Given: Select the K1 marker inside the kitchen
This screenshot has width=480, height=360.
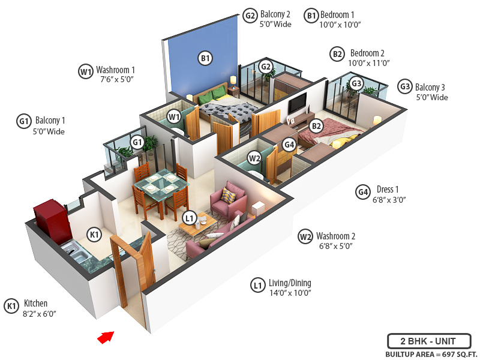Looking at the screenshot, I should pos(94,234).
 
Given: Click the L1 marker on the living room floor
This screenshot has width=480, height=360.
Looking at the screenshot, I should pos(190,217).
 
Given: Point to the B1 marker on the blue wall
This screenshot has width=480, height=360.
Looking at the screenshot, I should pos(205,58).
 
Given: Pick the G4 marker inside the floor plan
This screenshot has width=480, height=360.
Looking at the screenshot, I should pos(289,145).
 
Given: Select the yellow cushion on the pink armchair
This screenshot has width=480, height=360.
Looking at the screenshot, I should pos(227,195).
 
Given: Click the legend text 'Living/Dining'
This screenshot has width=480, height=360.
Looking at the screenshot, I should pos(290,283).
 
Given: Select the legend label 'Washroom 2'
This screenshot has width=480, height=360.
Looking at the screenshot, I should pos(336,236).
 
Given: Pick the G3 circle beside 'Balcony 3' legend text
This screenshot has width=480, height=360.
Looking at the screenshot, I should pos(405,87).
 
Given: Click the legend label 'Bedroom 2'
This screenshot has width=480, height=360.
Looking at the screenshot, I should pos(367,53).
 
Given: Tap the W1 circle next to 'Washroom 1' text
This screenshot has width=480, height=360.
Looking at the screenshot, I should pos(86,71).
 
